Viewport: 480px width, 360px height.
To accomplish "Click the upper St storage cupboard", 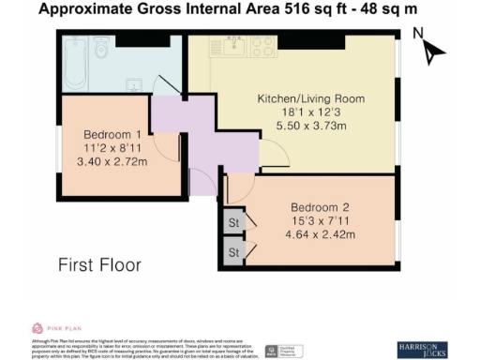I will [x=232, y=223].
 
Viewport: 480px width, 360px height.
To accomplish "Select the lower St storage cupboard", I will [x=232, y=251].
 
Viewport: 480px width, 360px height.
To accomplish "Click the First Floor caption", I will [x=99, y=265].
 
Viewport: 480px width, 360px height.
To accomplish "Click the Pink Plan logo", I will [x=50, y=327].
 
